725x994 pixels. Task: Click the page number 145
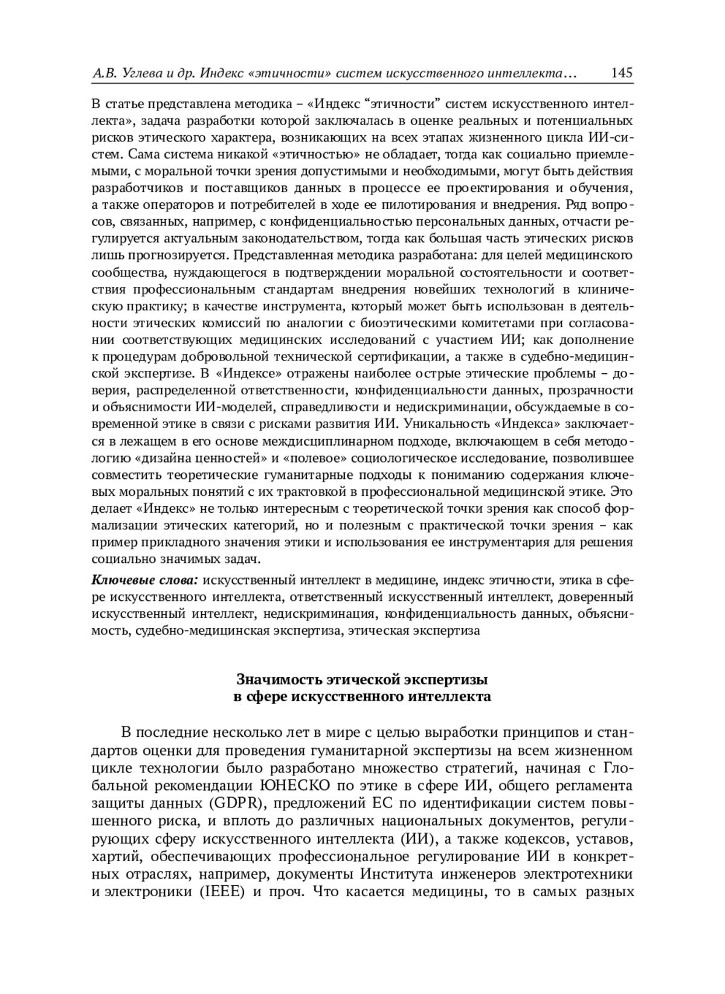click(622, 73)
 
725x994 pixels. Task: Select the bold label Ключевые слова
click(145, 580)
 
